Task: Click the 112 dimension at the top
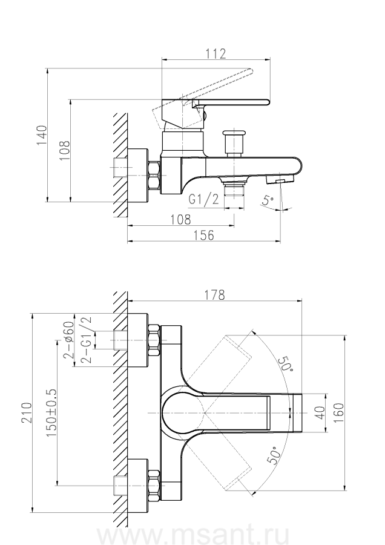click(x=215, y=54)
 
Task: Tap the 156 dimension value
click(x=203, y=236)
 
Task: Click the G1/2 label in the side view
click(x=203, y=200)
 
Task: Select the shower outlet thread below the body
click(x=233, y=191)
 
